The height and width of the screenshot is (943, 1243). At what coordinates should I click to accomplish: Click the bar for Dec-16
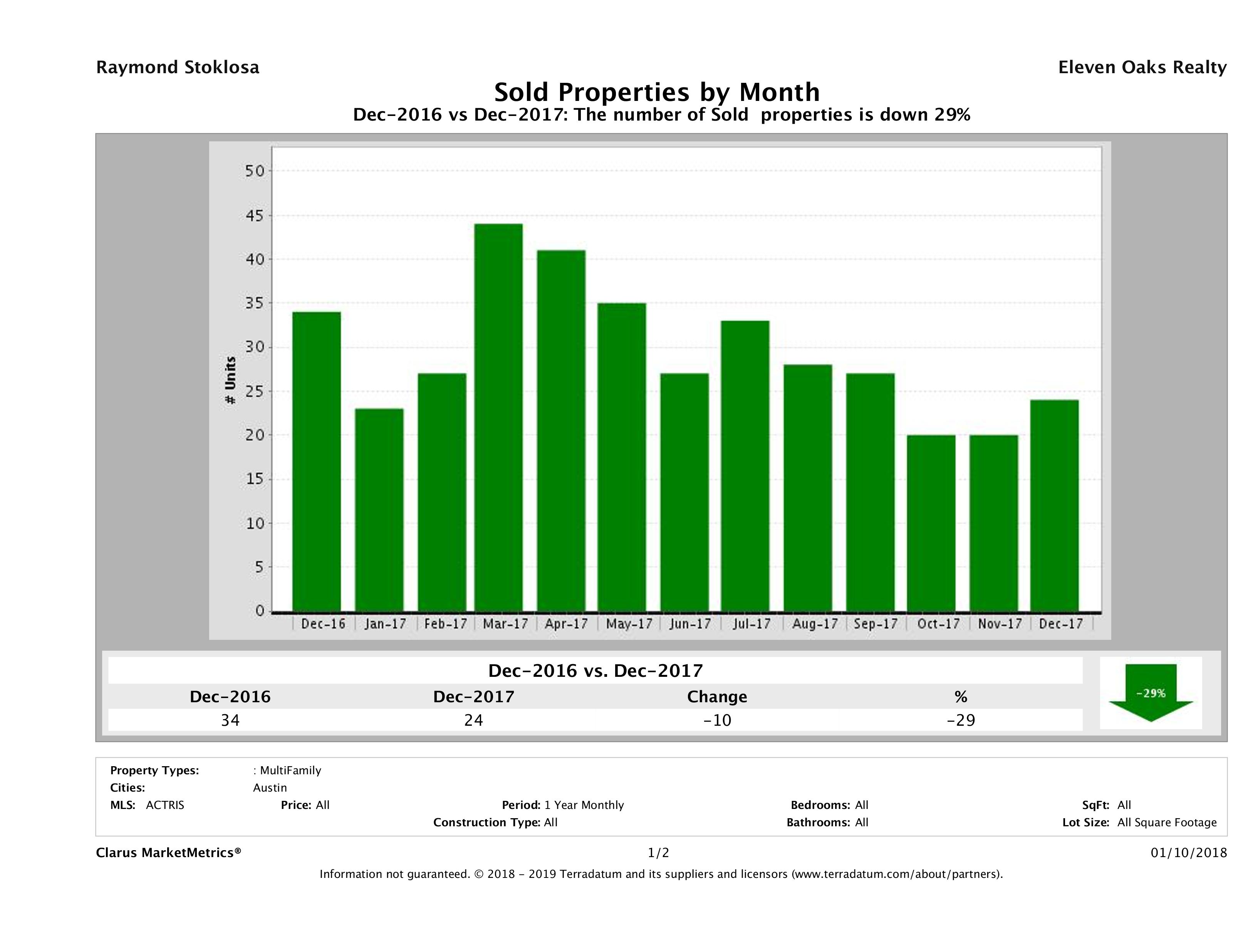316,461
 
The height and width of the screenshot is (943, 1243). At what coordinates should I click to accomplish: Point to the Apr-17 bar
561,431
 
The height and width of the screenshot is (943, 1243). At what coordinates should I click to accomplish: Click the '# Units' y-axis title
230,381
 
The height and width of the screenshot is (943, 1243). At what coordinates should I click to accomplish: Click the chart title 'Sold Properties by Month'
656,92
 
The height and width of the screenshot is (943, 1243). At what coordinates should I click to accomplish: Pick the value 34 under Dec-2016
230,720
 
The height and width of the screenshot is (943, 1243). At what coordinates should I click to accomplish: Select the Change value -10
717,720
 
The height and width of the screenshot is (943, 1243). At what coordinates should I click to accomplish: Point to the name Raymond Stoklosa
178,67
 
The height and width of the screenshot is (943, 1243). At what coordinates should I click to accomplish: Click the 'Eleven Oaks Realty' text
1142,67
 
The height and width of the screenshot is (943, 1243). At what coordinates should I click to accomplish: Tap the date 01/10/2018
1188,853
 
